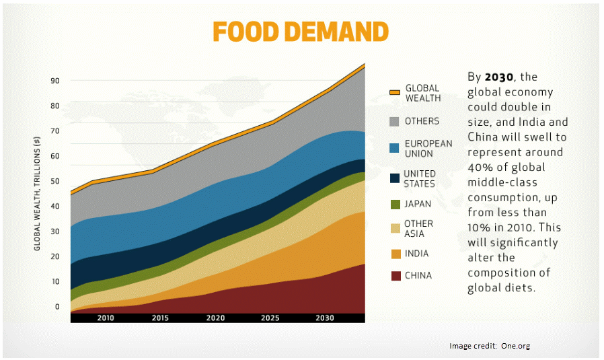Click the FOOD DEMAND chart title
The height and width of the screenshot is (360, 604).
[300, 31]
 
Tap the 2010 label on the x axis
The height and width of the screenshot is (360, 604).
[106, 318]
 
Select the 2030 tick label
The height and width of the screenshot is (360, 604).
[324, 318]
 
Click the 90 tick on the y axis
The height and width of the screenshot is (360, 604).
[56, 81]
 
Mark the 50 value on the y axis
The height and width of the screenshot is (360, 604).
[56, 181]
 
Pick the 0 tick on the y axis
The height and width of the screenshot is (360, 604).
[57, 307]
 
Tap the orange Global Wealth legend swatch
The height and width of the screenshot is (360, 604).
[395, 93]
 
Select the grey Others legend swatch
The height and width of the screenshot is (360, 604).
[395, 122]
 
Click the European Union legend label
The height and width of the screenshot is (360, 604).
[428, 149]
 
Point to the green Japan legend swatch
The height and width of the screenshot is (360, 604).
[395, 205]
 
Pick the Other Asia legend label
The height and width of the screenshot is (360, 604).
[418, 229]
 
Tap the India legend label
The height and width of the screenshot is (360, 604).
[416, 254]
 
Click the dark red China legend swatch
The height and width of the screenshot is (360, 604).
[395, 275]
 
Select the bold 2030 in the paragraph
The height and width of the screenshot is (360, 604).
[497, 77]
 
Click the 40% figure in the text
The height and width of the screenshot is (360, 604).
[480, 168]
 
